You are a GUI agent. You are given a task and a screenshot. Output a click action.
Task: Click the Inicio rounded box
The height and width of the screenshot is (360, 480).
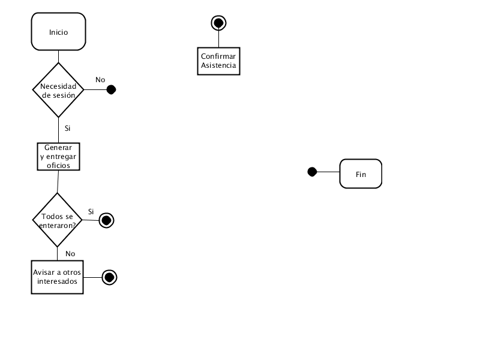point(58,32)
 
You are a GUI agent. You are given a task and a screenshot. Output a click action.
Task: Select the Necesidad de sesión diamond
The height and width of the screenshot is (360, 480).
point(58,90)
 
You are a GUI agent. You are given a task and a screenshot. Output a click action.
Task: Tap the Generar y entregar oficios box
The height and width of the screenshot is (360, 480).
point(58,157)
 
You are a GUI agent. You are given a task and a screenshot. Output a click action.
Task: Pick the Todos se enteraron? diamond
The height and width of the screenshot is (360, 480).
point(57,220)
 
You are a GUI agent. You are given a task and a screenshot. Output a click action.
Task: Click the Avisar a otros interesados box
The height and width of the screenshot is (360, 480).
point(57,277)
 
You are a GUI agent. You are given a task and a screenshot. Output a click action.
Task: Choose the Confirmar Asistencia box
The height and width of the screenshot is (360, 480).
point(218,61)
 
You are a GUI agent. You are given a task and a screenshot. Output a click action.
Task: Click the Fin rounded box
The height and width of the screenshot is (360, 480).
point(361,173)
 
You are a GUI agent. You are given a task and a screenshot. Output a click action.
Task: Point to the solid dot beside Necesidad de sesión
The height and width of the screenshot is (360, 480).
point(111,89)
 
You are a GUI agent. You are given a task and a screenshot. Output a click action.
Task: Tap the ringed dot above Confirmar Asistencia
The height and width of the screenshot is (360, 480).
point(218,23)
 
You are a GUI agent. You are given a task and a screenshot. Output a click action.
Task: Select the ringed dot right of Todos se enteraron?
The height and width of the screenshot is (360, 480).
point(107,220)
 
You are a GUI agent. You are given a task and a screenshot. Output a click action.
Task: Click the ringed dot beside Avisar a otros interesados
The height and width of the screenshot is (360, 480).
point(109,277)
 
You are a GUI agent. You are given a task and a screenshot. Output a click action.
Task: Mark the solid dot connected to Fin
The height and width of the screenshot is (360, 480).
point(312,172)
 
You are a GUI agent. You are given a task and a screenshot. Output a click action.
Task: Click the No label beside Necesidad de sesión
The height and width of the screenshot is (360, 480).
point(100,80)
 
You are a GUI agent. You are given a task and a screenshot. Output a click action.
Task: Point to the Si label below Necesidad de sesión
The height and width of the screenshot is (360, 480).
point(67,128)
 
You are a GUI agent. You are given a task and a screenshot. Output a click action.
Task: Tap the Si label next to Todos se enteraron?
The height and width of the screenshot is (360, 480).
point(91,212)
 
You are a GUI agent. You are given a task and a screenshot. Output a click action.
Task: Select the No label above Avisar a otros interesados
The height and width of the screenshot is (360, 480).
point(70,254)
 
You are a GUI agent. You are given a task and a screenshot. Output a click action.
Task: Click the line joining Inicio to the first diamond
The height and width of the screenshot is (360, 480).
point(58,56)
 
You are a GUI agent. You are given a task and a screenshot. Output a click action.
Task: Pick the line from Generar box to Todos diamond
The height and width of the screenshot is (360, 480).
point(58,182)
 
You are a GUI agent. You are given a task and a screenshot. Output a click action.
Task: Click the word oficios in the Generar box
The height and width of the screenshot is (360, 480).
point(58,166)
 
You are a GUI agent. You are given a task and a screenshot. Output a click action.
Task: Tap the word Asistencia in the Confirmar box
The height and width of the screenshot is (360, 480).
point(218,65)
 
